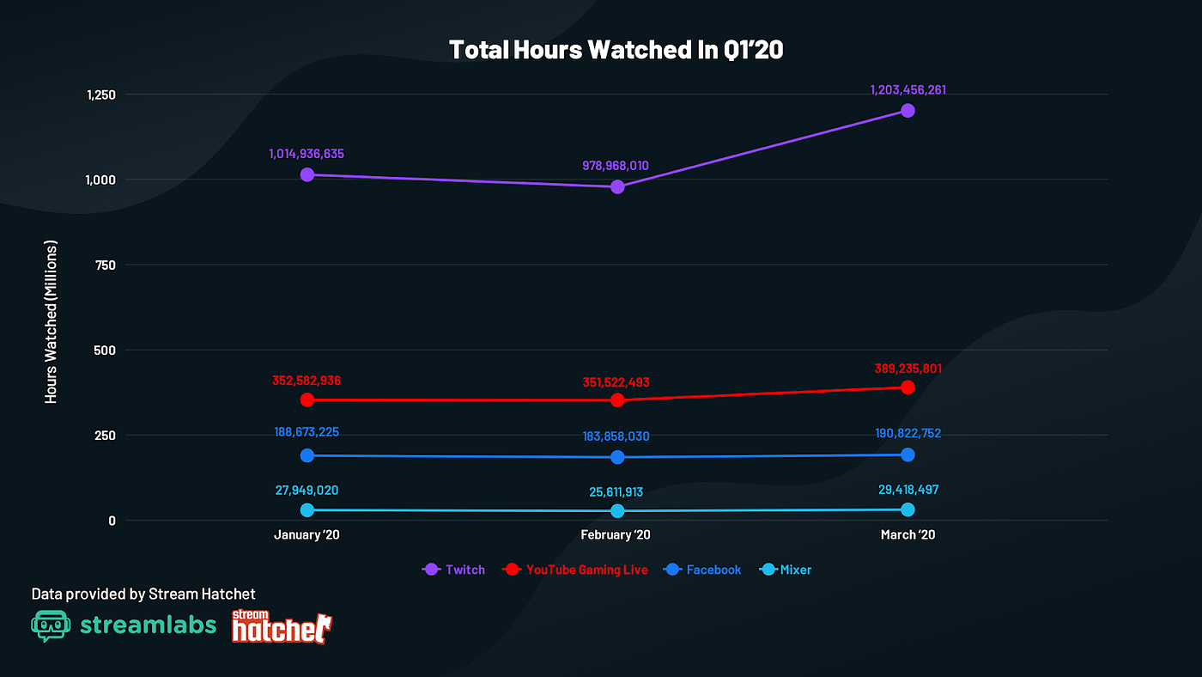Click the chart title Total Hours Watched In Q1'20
(616, 50)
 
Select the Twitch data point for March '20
(908, 111)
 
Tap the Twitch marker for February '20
(617, 186)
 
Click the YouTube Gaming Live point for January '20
(307, 399)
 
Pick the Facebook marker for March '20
(908, 454)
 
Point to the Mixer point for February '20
(617, 510)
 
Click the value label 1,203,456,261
(908, 89)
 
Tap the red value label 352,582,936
(307, 380)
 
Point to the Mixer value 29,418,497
(908, 490)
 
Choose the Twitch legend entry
(454, 570)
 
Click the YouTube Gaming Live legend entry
(575, 570)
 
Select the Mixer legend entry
(786, 570)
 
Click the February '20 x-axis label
(615, 534)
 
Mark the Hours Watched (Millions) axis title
(52, 322)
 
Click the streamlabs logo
(124, 625)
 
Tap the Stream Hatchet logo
(282, 627)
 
